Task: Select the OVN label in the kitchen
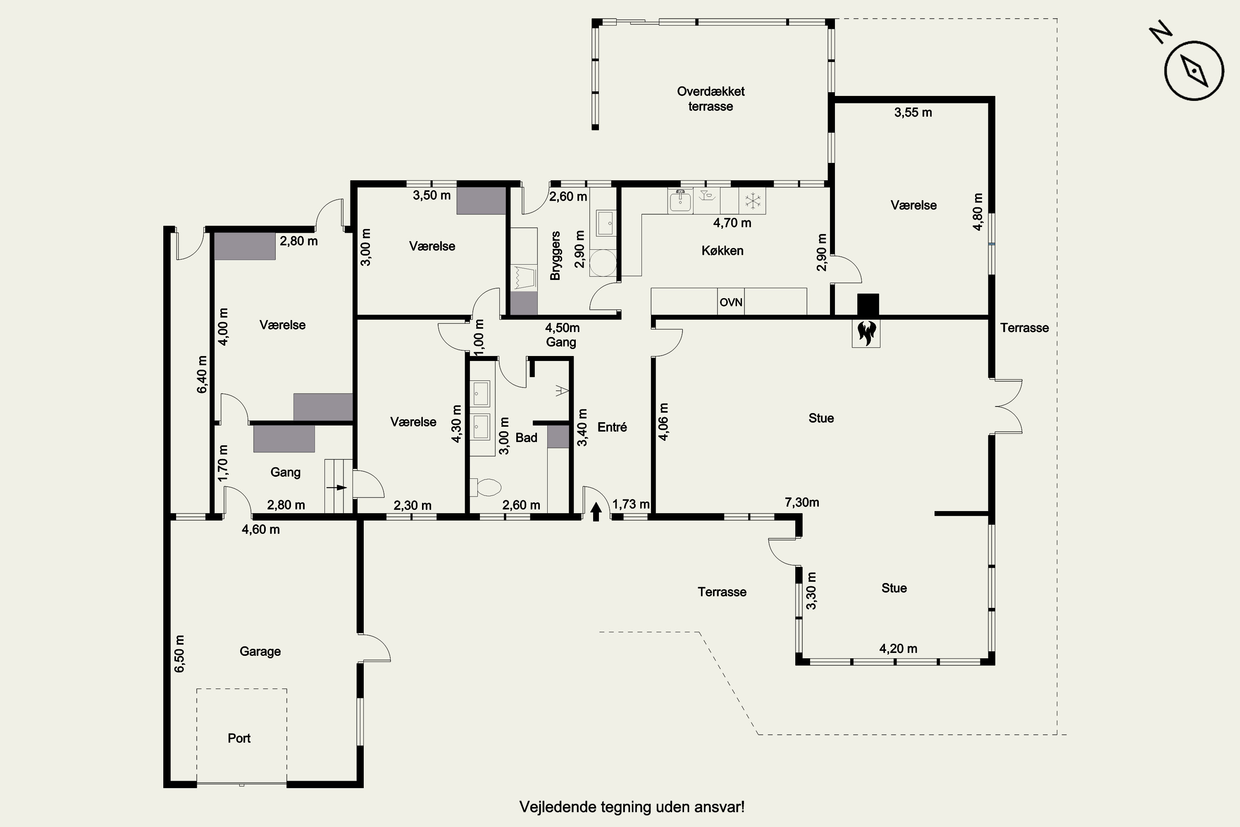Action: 731,302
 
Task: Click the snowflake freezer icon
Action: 752,201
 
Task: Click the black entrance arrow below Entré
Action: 596,511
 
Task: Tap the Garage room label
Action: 260,651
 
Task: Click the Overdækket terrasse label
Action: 711,99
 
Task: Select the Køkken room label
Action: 722,251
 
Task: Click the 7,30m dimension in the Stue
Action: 802,502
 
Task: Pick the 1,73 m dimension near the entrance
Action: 631,504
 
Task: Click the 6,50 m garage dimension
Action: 180,654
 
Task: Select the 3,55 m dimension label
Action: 913,112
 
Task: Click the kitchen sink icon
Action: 680,201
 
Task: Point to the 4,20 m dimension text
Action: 898,649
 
